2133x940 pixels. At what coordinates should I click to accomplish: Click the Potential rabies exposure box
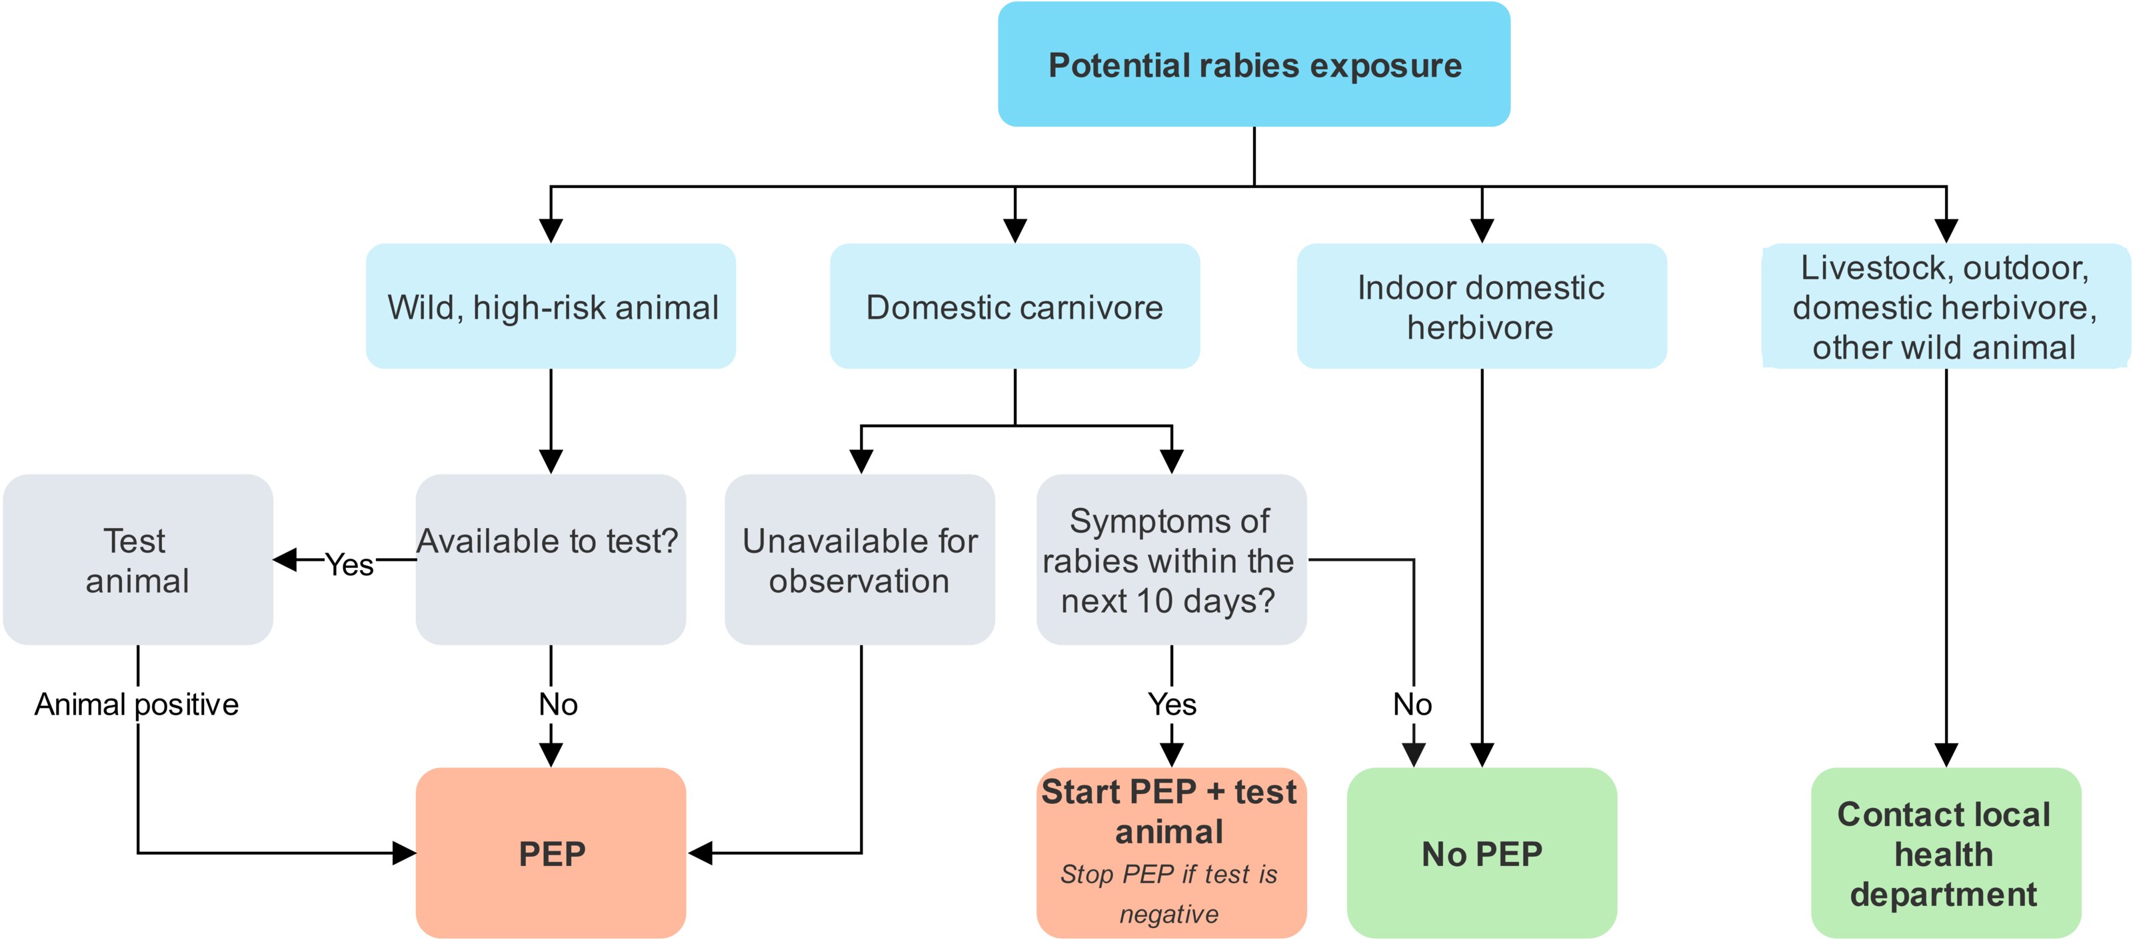tap(1254, 65)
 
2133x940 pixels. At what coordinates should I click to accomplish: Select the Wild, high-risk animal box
tap(551, 307)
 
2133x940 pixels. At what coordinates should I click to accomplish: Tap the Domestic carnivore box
tap(1015, 307)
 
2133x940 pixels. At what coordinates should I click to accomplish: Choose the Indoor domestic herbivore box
tap(1481, 307)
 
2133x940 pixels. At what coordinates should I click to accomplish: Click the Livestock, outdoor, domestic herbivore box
tap(1945, 307)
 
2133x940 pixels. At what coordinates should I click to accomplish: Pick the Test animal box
tap(137, 560)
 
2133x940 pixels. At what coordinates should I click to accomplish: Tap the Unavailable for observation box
tap(859, 560)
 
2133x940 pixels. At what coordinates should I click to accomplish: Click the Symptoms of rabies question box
tap(1171, 560)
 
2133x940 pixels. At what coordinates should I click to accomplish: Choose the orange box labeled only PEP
tap(551, 853)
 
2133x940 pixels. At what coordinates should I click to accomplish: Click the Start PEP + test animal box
tap(1171, 811)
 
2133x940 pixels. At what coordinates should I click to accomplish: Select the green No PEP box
tap(1481, 853)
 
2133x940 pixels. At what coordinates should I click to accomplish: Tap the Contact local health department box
tap(1945, 853)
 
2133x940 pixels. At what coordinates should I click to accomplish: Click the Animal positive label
tap(137, 705)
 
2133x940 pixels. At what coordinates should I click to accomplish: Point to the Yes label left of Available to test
tap(349, 565)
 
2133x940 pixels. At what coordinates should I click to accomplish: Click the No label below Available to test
tap(558, 705)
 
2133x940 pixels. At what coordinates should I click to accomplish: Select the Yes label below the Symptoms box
tap(1172, 705)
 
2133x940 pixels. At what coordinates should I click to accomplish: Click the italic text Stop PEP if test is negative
tap(1169, 895)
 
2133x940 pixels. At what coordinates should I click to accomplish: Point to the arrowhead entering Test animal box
tap(285, 560)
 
